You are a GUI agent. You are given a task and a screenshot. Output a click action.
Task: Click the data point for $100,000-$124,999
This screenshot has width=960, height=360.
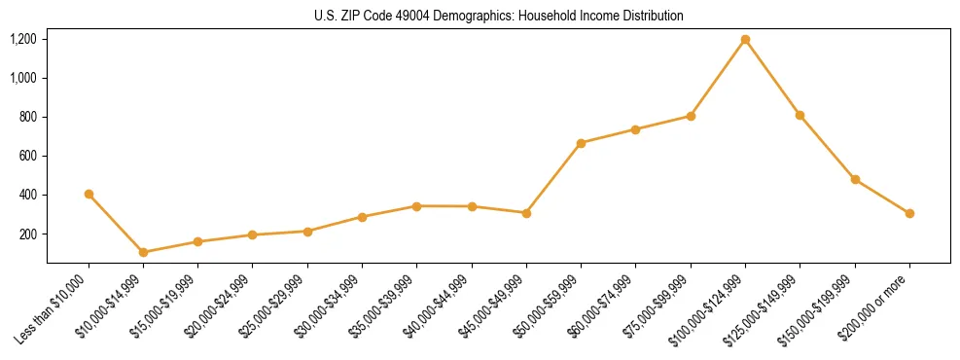(745, 40)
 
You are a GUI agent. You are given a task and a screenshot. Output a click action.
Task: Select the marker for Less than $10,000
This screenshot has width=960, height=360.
(89, 194)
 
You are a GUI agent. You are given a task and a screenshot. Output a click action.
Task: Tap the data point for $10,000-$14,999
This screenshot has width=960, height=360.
(144, 252)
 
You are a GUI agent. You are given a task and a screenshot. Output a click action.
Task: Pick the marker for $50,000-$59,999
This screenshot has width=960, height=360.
(581, 143)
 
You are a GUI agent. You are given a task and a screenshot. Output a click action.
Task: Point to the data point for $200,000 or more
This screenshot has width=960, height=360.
(909, 213)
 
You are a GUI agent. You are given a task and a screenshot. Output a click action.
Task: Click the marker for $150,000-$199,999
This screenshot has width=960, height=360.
(855, 179)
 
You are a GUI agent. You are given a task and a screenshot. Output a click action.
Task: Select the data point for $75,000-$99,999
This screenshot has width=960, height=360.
(691, 116)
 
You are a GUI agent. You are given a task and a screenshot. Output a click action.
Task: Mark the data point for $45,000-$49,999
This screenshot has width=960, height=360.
(526, 212)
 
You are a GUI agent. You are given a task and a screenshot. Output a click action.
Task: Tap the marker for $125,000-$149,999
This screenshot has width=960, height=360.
(800, 115)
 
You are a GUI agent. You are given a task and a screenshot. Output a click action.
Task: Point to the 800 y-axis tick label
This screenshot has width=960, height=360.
(28, 117)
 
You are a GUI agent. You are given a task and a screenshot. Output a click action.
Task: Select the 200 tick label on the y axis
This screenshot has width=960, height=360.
(28, 234)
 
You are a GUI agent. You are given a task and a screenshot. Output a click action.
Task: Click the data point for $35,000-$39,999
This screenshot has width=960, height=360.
(416, 206)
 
